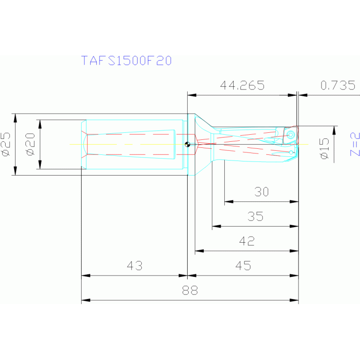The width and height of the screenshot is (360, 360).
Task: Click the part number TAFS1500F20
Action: click(126, 61)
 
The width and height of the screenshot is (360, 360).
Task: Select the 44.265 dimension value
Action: click(242, 85)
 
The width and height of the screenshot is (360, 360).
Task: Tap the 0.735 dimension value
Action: click(337, 85)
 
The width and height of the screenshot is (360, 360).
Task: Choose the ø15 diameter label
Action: click(324, 149)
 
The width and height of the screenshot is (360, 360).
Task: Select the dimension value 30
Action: click(261, 192)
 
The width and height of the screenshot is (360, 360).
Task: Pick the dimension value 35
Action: click(255, 216)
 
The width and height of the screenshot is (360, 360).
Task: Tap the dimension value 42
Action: click(247, 241)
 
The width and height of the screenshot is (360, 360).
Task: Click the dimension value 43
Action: click(135, 266)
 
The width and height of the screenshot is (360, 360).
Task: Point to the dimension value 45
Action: click(243, 266)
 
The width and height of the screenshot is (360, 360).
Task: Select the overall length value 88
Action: click(190, 290)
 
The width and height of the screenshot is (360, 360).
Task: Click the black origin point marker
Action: click(187, 144)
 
